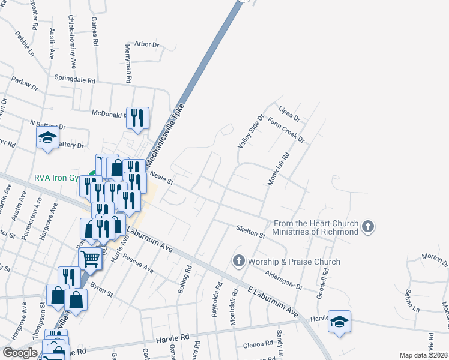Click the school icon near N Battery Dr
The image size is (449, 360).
(x=48, y=138)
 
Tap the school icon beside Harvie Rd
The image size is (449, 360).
(x=339, y=321)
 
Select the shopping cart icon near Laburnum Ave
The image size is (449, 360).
(x=90, y=259)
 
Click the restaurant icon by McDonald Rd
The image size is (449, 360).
(x=137, y=118)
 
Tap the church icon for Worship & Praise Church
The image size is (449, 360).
(x=238, y=261)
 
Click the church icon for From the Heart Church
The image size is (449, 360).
(x=368, y=227)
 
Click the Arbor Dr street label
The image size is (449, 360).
(x=146, y=44)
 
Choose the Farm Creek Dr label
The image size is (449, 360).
(x=287, y=130)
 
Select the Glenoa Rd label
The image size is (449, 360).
(x=258, y=345)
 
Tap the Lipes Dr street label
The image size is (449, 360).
(x=289, y=112)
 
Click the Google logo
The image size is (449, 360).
(x=20, y=353)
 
